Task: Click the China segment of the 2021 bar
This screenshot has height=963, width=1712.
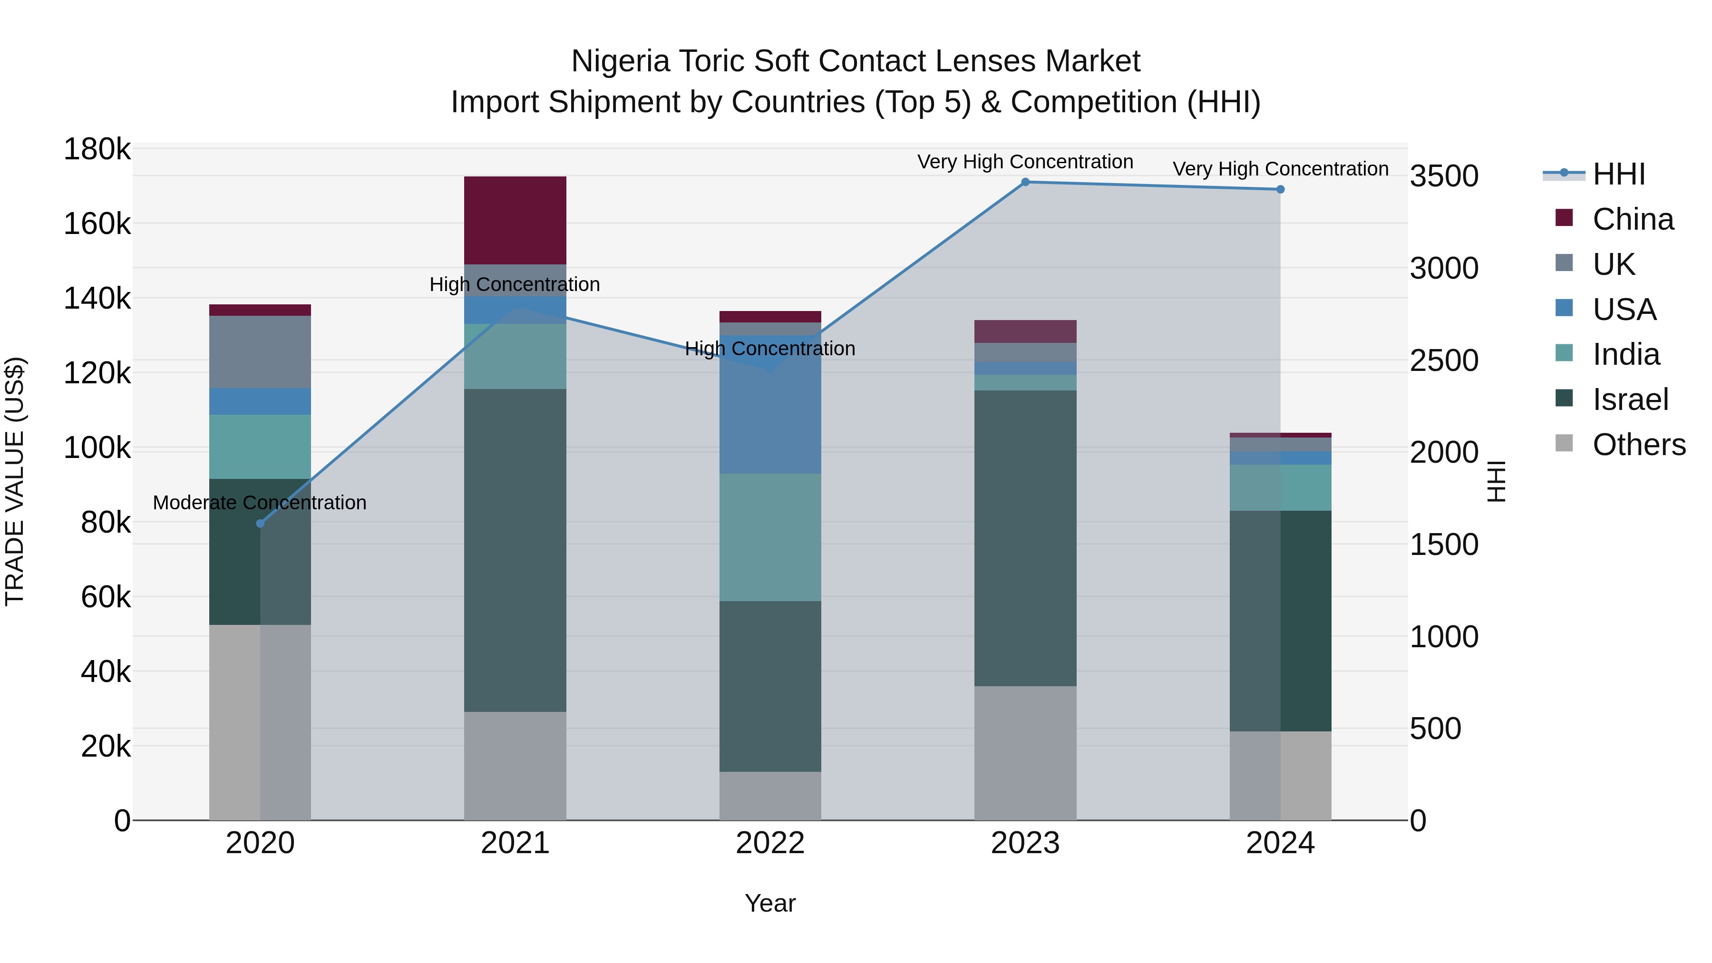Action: (515, 220)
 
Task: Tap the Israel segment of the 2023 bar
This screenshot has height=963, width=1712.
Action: (1025, 538)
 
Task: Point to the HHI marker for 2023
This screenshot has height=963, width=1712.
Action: (1025, 182)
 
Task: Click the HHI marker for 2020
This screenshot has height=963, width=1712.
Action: (260, 524)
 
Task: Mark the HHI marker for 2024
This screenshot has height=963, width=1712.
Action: (1280, 189)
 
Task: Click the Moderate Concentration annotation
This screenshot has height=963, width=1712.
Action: (259, 503)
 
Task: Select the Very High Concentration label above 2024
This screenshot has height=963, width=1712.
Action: (1280, 169)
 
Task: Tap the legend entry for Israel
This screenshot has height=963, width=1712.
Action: (1630, 399)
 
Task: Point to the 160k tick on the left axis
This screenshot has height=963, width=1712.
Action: (97, 224)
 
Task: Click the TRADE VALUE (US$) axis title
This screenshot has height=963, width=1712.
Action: (15, 481)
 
